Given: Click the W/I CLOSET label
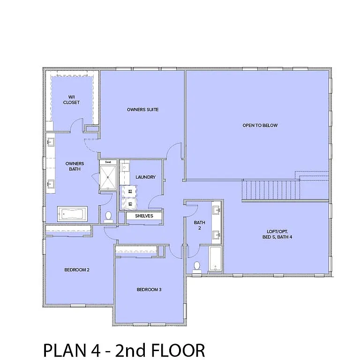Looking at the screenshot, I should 71,99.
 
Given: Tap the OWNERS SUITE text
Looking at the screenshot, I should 142,110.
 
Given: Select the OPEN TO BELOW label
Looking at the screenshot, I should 260,125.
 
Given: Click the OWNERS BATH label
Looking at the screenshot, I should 75,166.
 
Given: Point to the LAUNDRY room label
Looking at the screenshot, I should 145,177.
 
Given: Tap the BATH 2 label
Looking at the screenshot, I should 200,225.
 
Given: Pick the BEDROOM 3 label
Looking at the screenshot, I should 149,290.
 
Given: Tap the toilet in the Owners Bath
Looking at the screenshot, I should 109,216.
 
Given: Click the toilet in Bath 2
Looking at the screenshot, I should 197,266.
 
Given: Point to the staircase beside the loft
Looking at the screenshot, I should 270,189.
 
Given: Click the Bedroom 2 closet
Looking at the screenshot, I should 68,229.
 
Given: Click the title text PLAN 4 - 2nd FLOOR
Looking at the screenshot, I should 124,350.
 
